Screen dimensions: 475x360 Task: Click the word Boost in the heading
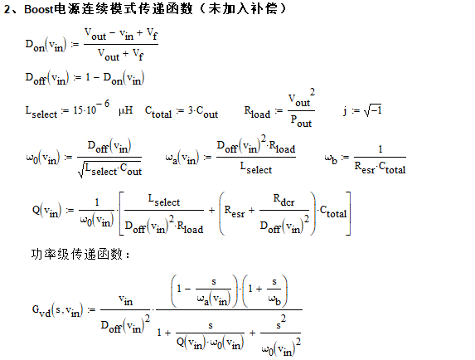[39, 9]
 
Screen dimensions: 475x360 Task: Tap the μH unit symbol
[126, 110]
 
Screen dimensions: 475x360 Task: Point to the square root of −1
[373, 110]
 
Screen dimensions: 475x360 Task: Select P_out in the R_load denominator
[301, 121]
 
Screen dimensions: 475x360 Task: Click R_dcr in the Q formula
[284, 200]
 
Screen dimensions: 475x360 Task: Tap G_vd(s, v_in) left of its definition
[57, 310]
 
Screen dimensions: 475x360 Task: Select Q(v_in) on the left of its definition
[46, 211]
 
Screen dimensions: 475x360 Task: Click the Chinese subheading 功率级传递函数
[77, 254]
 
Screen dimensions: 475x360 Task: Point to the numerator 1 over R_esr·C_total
[380, 149]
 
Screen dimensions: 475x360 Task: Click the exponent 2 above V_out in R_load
[312, 92]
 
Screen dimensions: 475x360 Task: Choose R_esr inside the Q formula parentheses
[235, 211]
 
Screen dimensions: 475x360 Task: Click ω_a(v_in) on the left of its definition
[182, 158]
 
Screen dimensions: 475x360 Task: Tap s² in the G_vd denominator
[281, 323]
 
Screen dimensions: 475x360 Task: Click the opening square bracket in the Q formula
[122, 213]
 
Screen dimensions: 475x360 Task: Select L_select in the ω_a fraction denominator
[256, 168]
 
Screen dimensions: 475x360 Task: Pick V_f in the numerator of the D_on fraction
[152, 34]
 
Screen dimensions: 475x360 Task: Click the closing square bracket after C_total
[348, 213]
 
